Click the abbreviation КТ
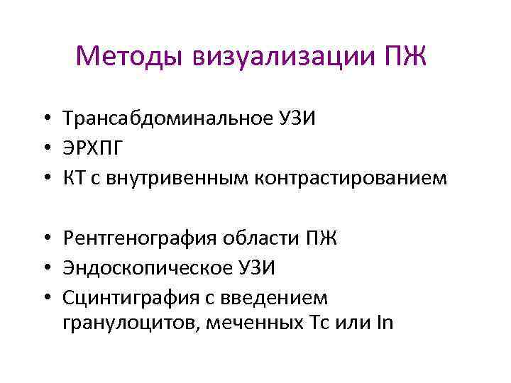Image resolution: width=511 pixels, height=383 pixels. pyautogui.click(x=74, y=177)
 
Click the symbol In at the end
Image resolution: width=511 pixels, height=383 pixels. pyautogui.click(x=385, y=323)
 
